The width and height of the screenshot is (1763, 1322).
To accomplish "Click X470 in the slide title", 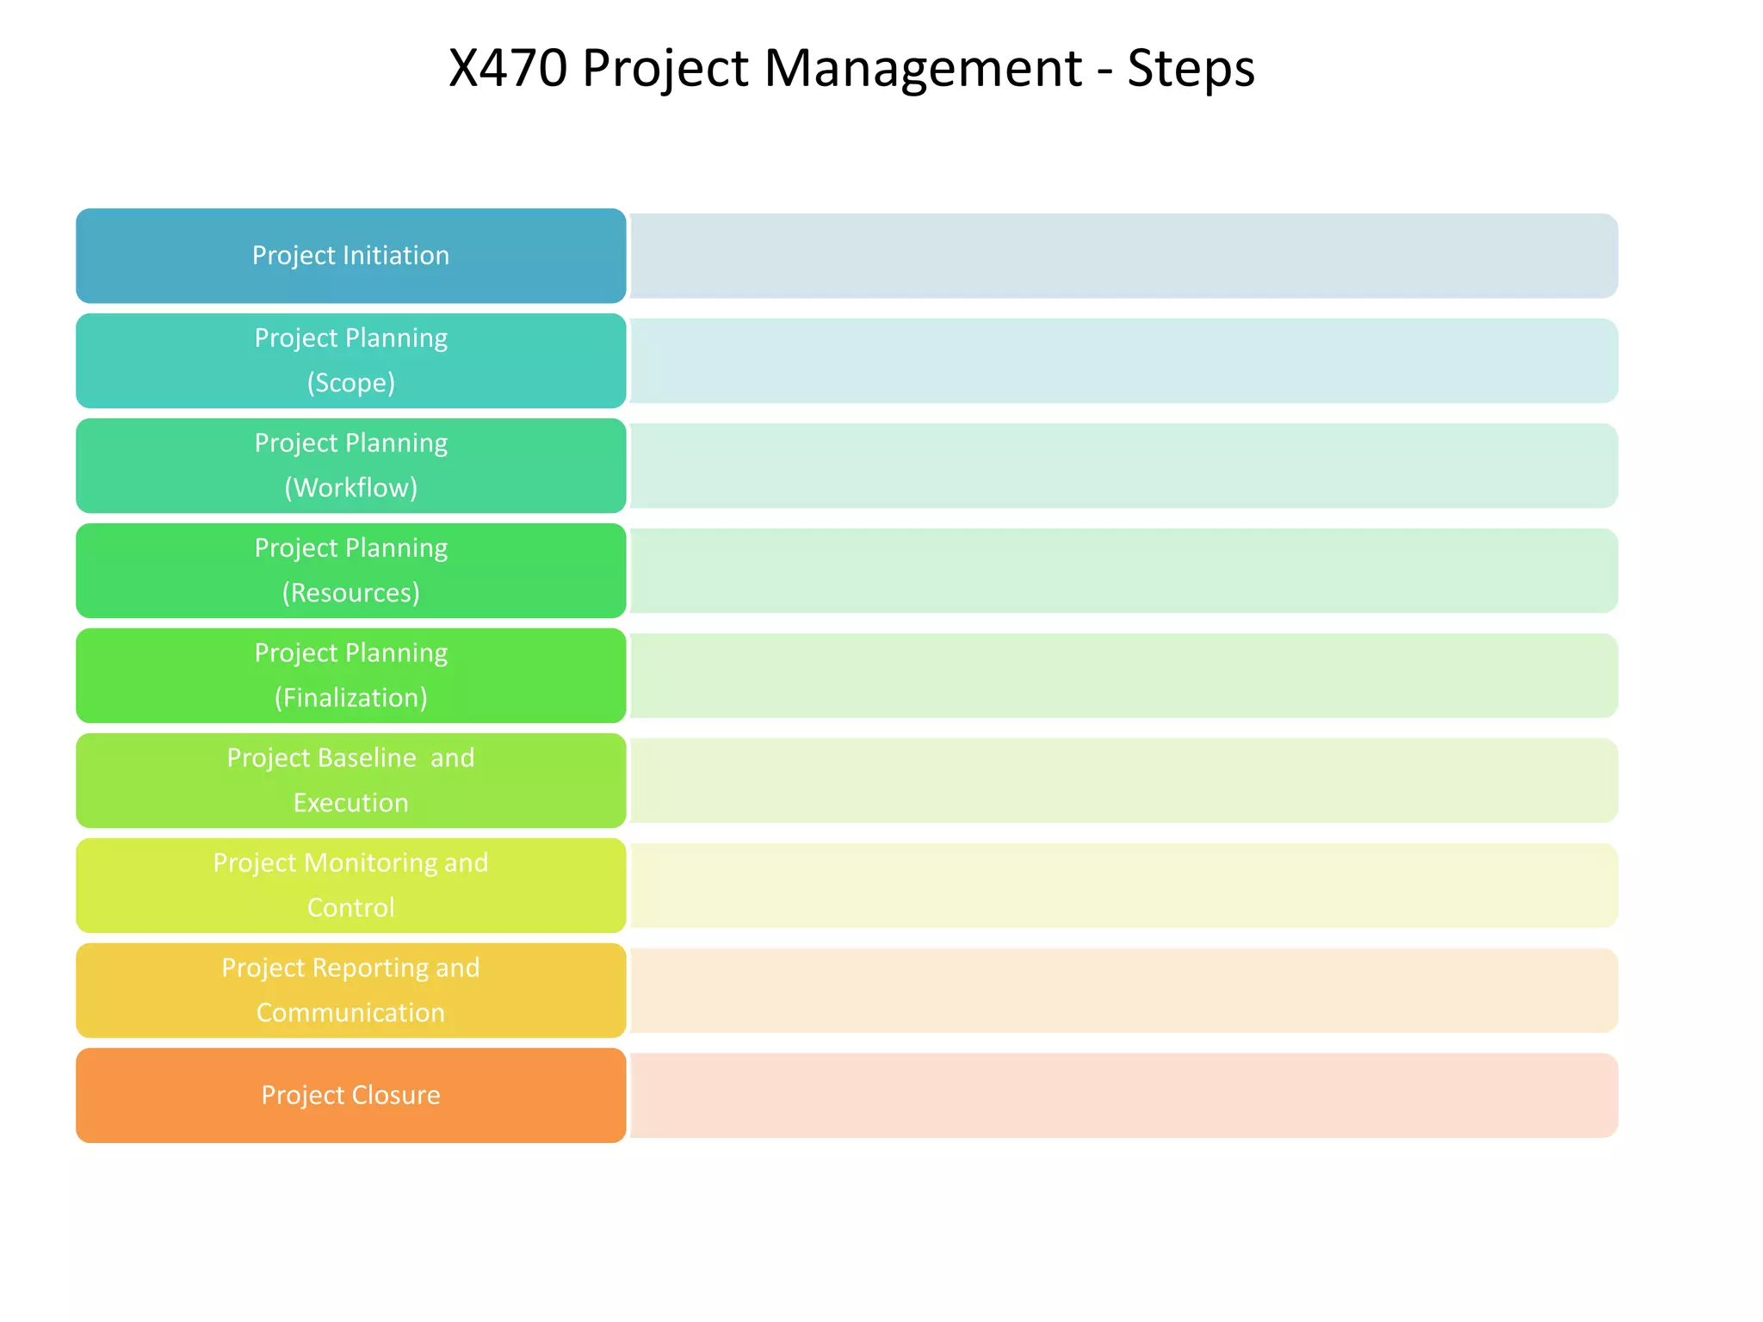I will point(508,68).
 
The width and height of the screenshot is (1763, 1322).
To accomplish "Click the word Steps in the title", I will point(1191,68).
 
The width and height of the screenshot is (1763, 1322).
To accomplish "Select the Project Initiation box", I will point(350,256).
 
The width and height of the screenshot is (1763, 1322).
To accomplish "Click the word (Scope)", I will point(350,382).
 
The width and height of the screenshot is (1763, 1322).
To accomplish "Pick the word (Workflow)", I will point(350,487).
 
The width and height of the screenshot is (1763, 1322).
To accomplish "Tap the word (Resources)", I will point(350,592).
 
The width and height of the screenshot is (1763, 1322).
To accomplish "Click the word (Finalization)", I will point(350,697).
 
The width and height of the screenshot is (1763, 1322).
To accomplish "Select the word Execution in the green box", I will point(350,802).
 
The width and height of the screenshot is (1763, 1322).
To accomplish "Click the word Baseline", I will point(364,757).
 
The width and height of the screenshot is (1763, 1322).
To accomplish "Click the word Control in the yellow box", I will point(350,907).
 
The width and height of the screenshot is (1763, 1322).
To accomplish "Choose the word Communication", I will point(350,1012).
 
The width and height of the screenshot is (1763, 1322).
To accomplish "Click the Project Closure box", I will point(350,1095).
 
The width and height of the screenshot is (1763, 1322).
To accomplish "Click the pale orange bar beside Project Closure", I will point(1123,1095).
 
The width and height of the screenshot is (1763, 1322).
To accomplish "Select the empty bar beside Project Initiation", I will point(1123,256).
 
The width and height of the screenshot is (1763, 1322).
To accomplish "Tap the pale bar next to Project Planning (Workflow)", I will point(1123,466).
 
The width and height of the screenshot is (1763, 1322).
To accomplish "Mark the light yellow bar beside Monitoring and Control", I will point(1123,886).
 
